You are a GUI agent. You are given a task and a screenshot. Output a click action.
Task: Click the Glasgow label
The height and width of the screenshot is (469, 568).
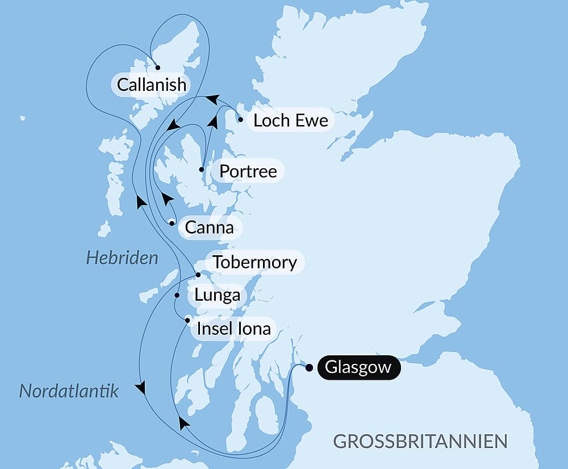tap(358, 367)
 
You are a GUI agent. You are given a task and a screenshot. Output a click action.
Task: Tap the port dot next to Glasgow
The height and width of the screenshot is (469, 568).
tap(309, 367)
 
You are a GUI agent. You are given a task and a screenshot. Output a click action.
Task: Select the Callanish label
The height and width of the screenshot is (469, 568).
tap(151, 85)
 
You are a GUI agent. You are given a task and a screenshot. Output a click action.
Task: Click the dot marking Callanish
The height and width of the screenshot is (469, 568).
tap(158, 67)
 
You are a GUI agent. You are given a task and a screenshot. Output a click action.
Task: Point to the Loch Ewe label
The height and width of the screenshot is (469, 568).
tap(290, 121)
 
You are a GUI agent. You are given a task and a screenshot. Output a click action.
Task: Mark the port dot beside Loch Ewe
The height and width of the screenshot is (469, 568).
tap(241, 120)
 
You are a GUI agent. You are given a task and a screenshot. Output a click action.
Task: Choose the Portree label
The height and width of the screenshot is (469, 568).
tap(248, 171)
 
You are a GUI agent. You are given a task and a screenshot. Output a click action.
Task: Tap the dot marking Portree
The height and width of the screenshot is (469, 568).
tap(202, 169)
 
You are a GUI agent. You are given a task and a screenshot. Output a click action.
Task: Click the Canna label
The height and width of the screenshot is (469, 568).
tap(210, 228)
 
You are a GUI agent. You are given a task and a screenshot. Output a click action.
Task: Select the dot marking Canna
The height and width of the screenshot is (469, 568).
tap(172, 223)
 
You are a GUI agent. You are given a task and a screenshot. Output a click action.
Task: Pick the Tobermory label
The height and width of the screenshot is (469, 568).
tap(254, 263)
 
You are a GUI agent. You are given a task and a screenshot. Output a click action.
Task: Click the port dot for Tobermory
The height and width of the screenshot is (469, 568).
tap(198, 275)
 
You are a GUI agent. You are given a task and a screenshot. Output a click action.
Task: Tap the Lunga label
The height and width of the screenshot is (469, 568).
tap(217, 296)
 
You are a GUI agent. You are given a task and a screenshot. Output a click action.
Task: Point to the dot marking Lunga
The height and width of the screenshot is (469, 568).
tap(177, 296)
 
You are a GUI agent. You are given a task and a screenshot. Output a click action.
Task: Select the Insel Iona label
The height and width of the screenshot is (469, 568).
tap(233, 329)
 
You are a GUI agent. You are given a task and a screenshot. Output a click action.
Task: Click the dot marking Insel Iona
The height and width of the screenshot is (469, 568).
tap(187, 321)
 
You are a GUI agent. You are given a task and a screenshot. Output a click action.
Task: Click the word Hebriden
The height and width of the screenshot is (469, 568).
tap(122, 259)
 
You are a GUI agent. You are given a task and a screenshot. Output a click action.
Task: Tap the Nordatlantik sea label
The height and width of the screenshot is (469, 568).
tap(69, 391)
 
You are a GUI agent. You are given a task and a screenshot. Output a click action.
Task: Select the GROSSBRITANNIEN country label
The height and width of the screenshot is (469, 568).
tap(420, 441)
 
